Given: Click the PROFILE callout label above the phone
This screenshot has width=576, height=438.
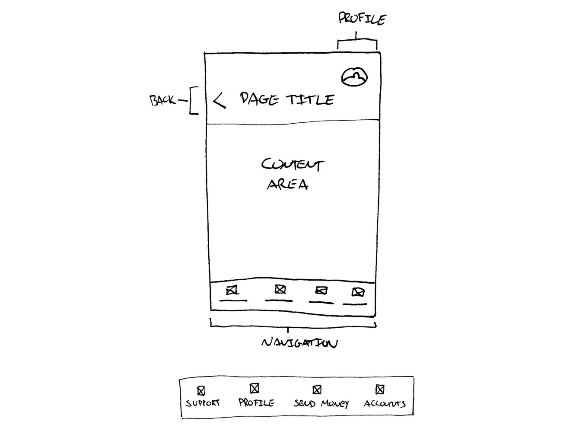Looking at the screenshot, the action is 362,19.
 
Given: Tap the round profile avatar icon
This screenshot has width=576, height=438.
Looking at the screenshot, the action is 354,77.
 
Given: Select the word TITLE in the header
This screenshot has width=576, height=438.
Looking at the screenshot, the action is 310,100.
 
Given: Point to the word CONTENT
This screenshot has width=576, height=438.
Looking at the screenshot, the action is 293,164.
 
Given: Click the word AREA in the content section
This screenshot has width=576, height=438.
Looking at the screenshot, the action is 288,184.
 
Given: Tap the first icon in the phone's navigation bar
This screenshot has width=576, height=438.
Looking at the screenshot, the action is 232,291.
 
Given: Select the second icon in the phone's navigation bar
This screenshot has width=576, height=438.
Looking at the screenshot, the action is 280,289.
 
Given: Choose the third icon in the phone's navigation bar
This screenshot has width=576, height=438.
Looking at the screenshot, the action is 321,290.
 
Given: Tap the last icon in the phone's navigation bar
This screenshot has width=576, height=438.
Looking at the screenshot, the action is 358,292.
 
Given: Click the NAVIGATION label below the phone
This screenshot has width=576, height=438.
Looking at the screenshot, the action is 299,343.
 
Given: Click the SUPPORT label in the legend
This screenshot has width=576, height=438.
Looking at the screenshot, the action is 203,403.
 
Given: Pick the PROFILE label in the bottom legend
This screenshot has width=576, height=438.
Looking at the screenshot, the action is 256,402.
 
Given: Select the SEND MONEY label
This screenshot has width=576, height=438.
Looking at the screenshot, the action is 321,403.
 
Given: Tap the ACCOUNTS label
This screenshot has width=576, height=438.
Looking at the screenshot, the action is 385,403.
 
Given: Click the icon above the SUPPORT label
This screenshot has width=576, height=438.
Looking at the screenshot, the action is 201,391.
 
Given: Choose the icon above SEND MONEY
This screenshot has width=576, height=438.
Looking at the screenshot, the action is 317,390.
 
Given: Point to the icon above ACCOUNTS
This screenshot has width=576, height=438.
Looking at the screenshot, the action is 380,390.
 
